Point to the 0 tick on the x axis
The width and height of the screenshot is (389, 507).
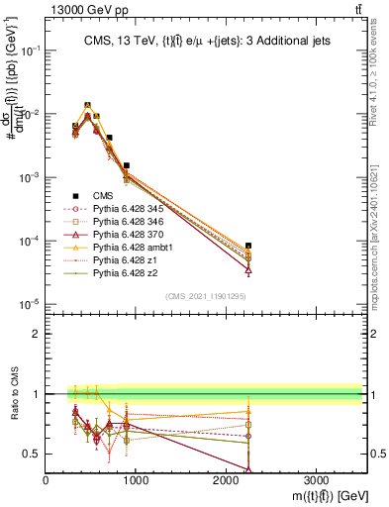coord(46,479)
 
